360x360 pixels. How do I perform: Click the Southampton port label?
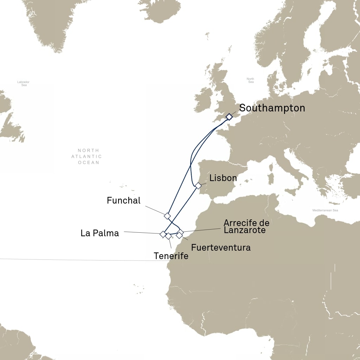pyautogui.click(x=272, y=108)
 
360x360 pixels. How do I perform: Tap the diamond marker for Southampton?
pyautogui.click(x=229, y=117)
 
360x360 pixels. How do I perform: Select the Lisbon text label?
pyautogui.click(x=223, y=178)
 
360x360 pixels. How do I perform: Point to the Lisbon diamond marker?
pyautogui.click(x=198, y=186)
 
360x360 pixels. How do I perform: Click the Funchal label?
pyautogui.click(x=123, y=200)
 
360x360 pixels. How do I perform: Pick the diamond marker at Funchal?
pyautogui.click(x=167, y=216)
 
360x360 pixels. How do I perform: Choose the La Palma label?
pyautogui.click(x=100, y=233)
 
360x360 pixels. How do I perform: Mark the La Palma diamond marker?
pyautogui.click(x=163, y=234)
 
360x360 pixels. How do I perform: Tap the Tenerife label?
pyautogui.click(x=171, y=256)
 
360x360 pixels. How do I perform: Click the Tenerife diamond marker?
pyautogui.click(x=168, y=236)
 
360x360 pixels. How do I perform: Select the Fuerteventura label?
pyautogui.click(x=221, y=247)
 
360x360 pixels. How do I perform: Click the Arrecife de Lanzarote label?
pyautogui.click(x=246, y=226)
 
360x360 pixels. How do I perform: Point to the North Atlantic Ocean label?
pyautogui.click(x=87, y=156)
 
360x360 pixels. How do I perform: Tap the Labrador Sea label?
pyautogui.click(x=23, y=83)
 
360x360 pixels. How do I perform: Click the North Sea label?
pyautogui.click(x=250, y=80)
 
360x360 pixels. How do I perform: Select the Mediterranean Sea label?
pyautogui.click(x=325, y=210)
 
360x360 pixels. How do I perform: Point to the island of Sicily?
pyautogui.click(x=291, y=192)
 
